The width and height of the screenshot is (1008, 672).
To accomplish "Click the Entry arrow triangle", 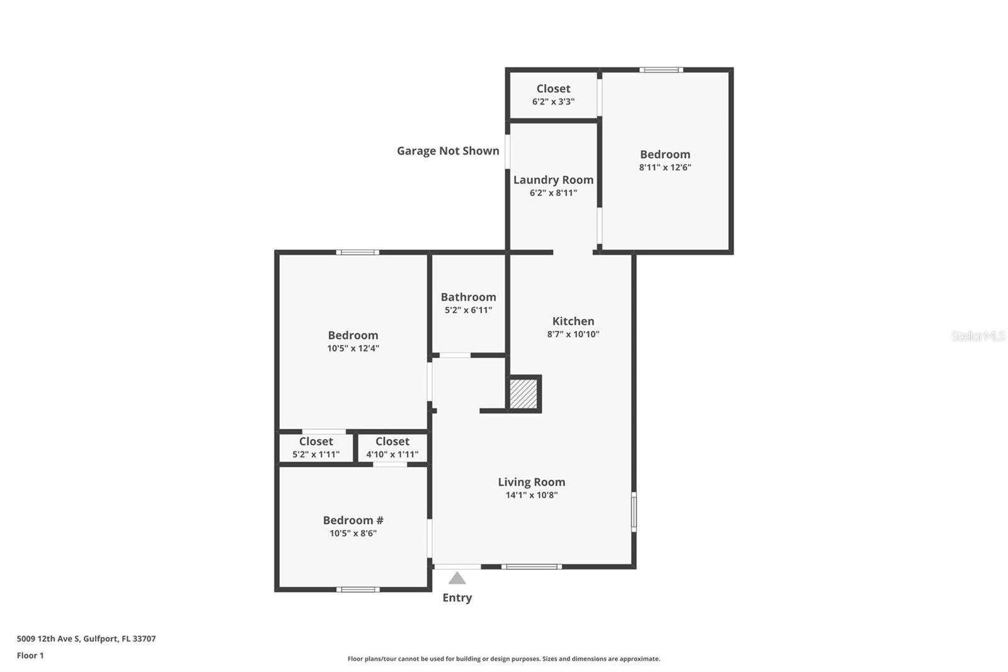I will [457, 579].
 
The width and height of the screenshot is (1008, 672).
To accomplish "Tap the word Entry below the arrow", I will [457, 598].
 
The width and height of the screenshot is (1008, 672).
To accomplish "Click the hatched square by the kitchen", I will [523, 394].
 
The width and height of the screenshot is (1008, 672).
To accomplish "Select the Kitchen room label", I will [573, 321].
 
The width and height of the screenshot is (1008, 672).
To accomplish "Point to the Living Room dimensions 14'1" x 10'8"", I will [531, 495].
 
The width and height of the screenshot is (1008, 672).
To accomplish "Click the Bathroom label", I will [468, 297].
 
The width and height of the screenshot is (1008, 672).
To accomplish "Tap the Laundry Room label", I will [553, 180].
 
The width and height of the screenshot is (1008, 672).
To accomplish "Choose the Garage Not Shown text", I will [448, 151].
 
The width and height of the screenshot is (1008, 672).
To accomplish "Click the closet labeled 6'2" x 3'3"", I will [553, 95].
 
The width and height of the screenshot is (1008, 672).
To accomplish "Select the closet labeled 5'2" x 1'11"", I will [316, 448].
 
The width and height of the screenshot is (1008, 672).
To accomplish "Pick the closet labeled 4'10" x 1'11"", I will [392, 448].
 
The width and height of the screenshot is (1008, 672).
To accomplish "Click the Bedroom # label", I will [353, 520].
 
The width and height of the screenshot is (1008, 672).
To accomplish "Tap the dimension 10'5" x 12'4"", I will [353, 348].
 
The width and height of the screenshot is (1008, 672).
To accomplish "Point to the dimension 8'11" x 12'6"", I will [665, 167].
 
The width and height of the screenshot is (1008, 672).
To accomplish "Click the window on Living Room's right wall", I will [634, 511].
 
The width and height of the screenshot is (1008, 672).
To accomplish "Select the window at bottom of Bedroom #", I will [358, 589].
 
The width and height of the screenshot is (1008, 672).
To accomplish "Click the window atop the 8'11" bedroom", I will [661, 69].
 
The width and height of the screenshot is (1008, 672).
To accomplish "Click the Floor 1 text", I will [30, 656].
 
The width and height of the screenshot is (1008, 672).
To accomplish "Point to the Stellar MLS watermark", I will [978, 336].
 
